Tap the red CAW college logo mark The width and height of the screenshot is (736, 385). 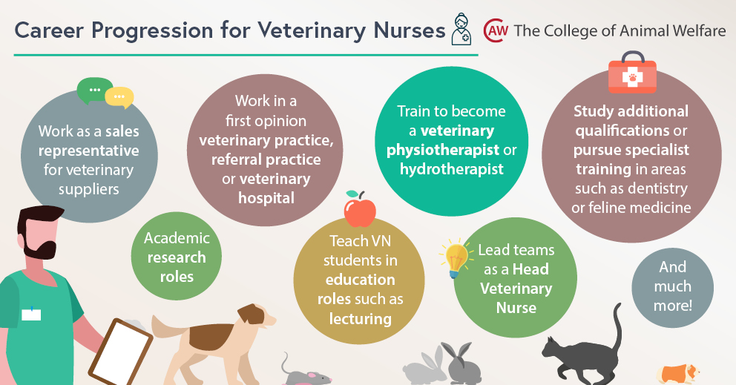pyautogui.click(x=495, y=31)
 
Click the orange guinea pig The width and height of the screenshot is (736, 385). pyautogui.click(x=679, y=373)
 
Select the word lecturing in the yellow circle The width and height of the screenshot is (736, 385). pyautogui.click(x=360, y=319)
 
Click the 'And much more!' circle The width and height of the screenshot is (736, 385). pyautogui.click(x=672, y=286)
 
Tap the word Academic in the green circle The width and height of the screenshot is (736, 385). pyautogui.click(x=177, y=238)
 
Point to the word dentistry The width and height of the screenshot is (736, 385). pyautogui.click(x=650, y=188)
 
